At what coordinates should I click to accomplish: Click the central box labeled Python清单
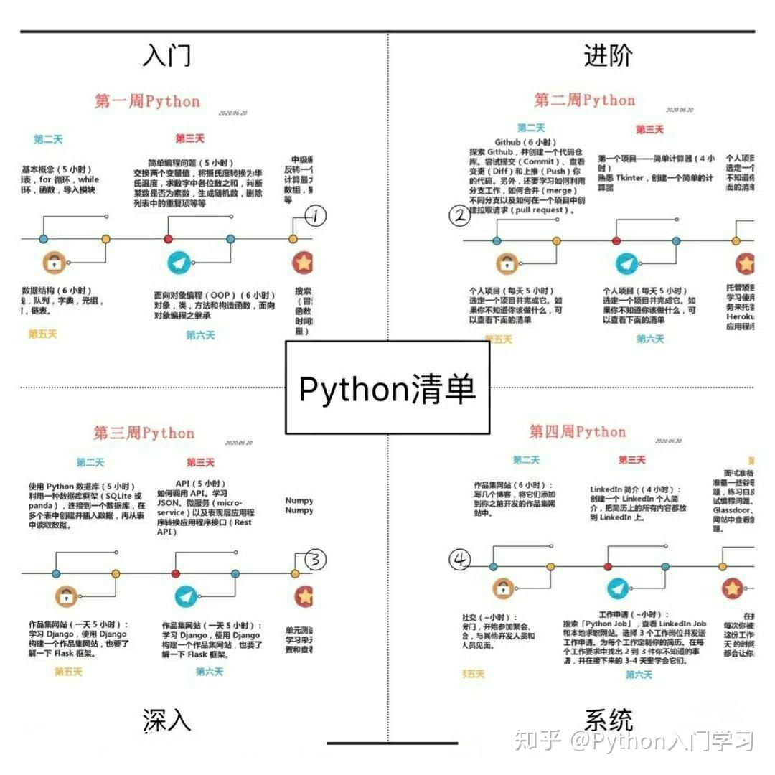tap(387, 390)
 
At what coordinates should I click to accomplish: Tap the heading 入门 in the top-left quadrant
tap(166, 55)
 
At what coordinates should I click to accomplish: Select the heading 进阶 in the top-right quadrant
tap(608, 55)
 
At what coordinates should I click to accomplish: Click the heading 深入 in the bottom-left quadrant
tap(166, 720)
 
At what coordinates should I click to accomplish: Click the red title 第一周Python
tap(147, 101)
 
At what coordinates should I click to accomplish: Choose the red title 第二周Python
tap(584, 100)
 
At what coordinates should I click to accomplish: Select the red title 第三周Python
tap(144, 433)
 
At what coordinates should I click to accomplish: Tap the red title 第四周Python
tap(578, 431)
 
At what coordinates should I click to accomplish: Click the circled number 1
tap(316, 215)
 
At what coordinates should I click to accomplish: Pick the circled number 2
tap(459, 215)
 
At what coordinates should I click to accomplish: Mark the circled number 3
tap(315, 560)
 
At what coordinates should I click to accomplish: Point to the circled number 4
tap(459, 560)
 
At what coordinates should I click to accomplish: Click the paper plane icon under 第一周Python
tap(180, 263)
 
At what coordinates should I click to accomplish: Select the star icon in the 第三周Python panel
tap(304, 596)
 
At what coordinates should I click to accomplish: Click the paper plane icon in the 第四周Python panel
tap(618, 588)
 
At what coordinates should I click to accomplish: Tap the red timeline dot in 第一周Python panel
tap(168, 239)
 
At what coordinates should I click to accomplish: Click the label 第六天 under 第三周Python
tap(210, 672)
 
